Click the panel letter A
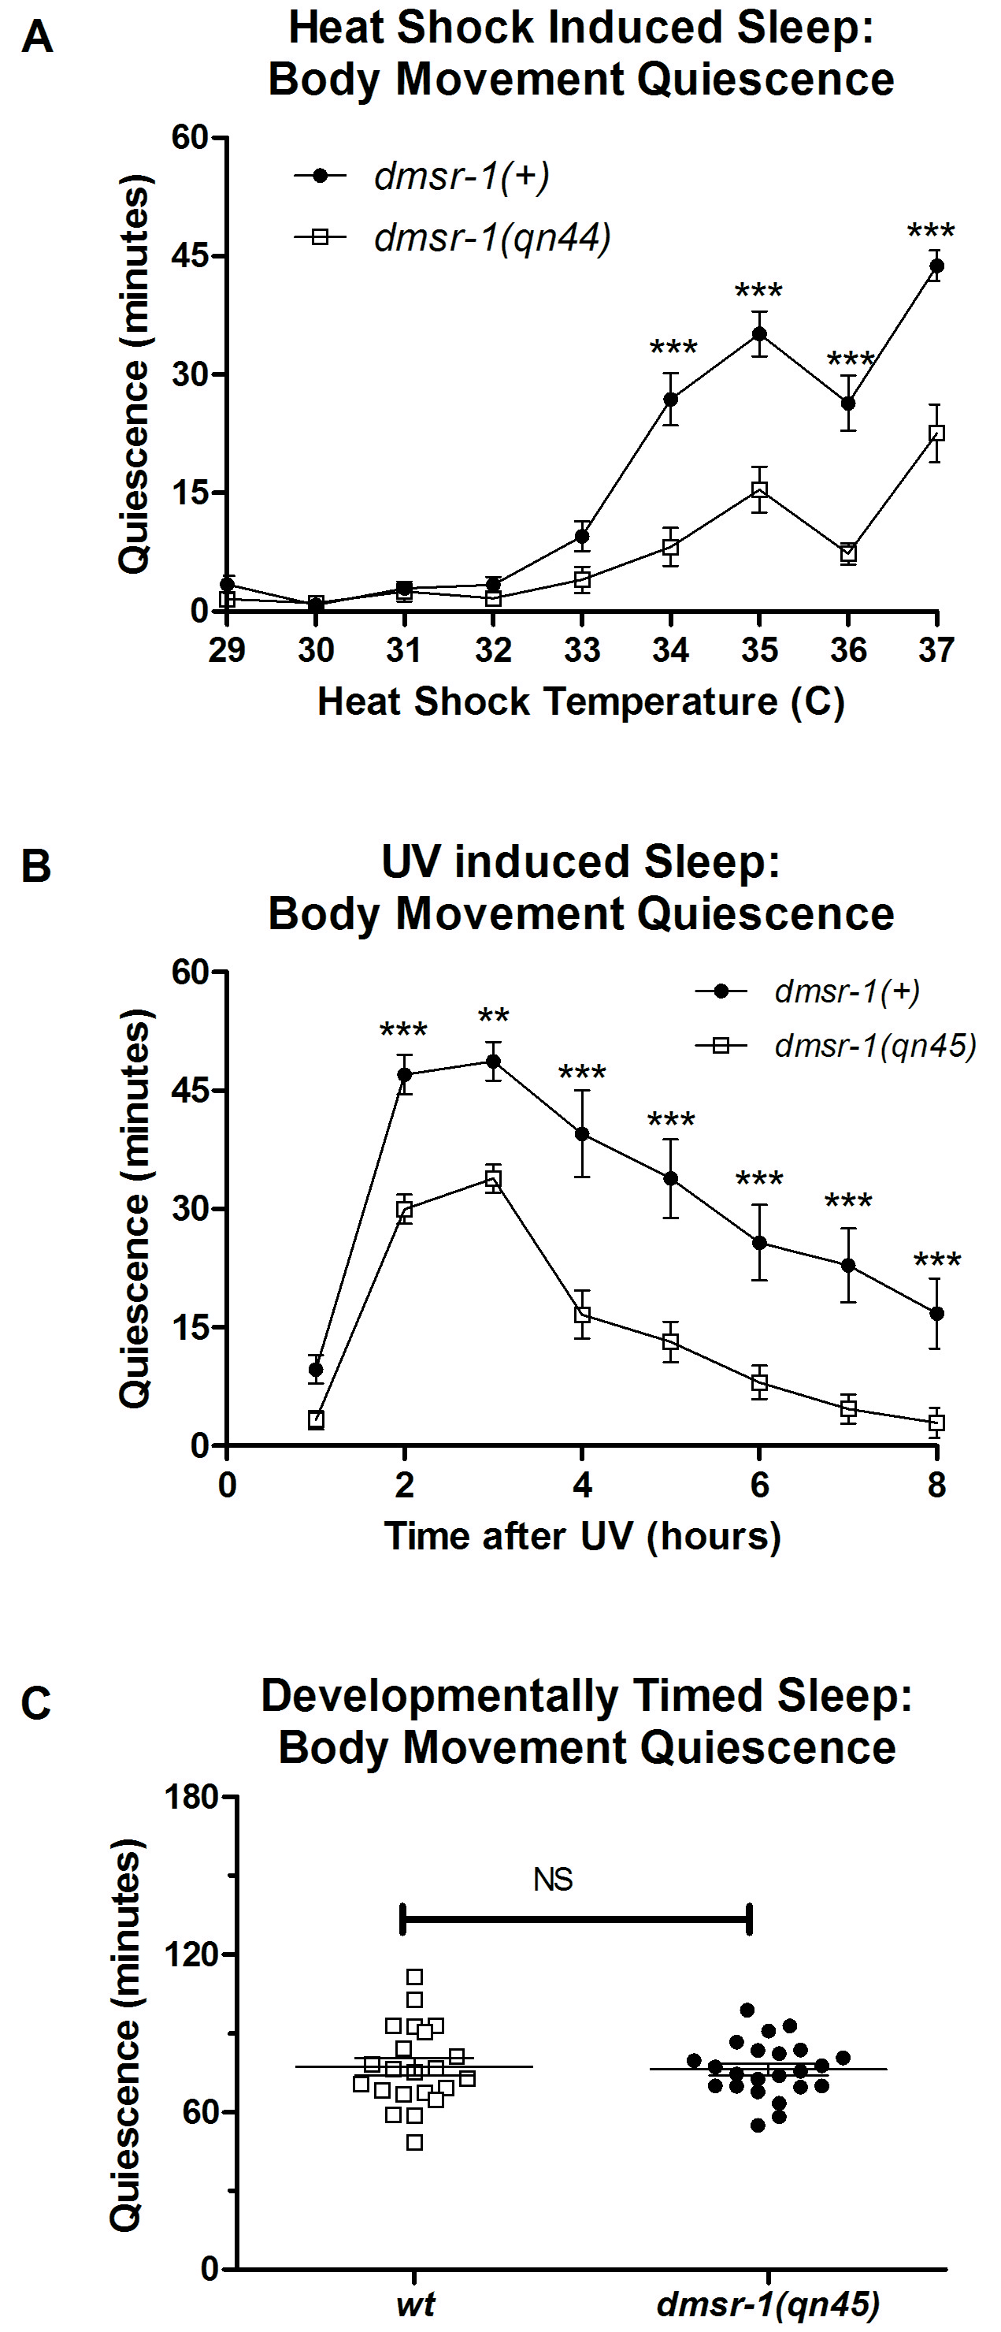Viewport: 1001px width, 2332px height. [37, 38]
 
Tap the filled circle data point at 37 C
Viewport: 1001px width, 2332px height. [936, 266]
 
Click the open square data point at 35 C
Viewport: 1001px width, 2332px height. [759, 489]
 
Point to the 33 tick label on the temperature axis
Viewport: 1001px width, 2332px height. [582, 650]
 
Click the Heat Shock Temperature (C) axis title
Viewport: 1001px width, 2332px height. [580, 702]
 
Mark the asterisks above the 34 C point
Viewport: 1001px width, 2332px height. [673, 348]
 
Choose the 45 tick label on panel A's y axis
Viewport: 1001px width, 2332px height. [189, 256]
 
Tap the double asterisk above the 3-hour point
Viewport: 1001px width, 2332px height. [493, 1017]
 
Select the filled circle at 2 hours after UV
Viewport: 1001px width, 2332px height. [405, 1074]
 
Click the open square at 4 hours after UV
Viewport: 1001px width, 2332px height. [582, 1315]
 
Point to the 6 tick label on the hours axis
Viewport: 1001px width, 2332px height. [759, 1485]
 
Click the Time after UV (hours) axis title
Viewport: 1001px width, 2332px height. [582, 1536]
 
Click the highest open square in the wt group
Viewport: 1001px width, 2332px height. [414, 1977]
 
